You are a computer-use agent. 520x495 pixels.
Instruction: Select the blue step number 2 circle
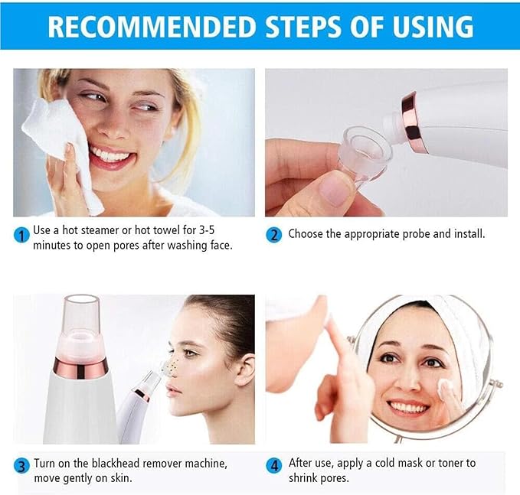click(273, 235)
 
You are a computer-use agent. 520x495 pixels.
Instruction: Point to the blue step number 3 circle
click(21, 465)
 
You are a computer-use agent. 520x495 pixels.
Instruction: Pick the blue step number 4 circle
click(273, 465)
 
